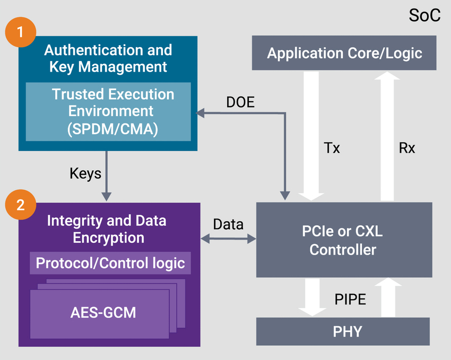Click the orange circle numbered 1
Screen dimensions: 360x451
coord(20,31)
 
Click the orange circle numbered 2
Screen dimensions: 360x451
coord(20,205)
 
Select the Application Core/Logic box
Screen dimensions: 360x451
coord(344,53)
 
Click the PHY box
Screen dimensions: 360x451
coord(343,332)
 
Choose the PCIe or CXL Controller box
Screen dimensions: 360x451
coord(343,240)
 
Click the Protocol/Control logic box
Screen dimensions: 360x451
coord(110,263)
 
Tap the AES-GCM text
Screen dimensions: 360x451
coord(103,312)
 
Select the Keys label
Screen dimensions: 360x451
coord(85,173)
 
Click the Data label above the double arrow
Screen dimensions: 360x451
coord(228,224)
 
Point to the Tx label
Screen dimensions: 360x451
coord(331,148)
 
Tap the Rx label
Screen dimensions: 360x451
coord(406,148)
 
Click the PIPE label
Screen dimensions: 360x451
coord(350,300)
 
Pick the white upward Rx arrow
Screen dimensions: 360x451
coord(391,133)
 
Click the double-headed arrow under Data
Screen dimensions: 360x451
coord(228,240)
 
